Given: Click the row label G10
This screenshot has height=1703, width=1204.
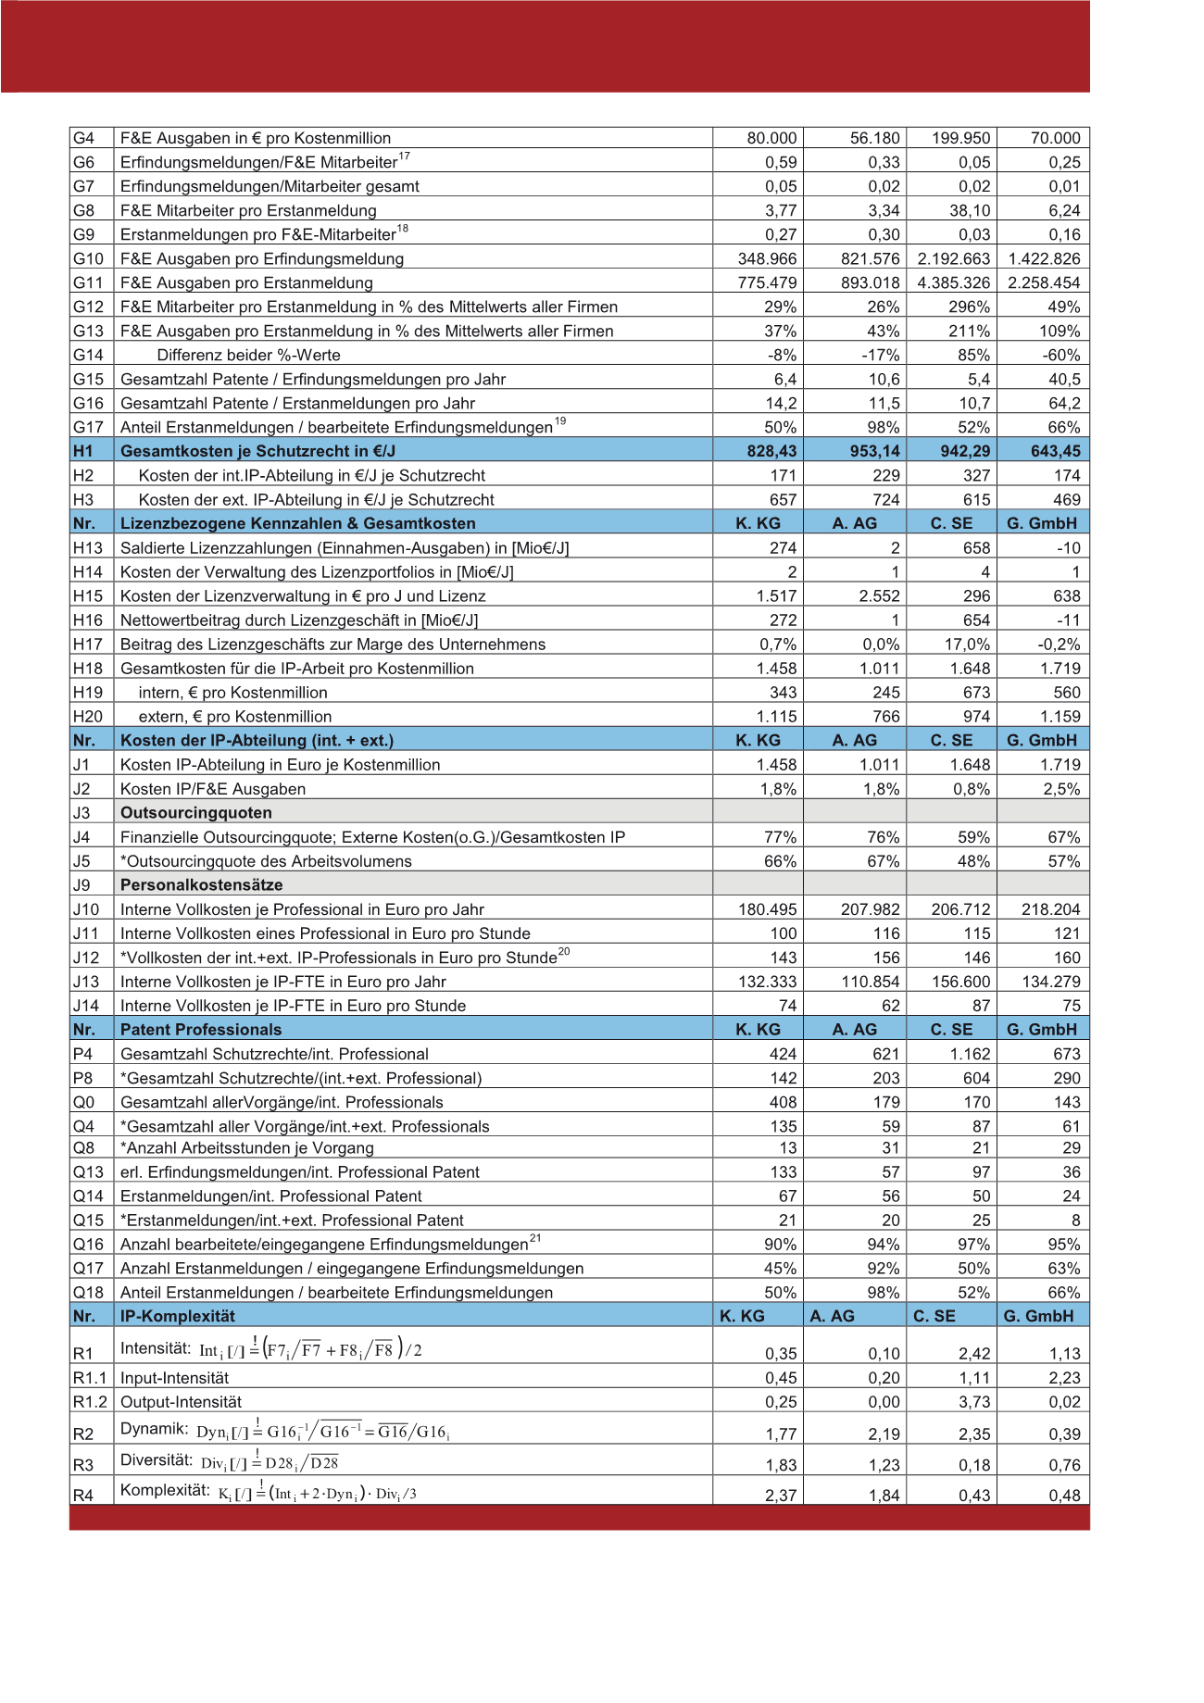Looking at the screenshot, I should point(88,259).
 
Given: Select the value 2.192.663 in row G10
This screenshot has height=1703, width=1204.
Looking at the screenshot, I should point(954,259).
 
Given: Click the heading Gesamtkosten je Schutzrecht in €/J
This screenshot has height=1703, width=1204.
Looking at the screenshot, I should point(257,452).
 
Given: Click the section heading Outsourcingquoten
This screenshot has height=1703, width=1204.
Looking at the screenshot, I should point(196,813).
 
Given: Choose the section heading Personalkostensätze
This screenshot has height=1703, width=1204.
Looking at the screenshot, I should point(201,885).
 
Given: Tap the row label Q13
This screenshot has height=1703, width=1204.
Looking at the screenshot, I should point(89,1172).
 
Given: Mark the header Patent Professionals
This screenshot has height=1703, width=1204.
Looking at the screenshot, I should point(200,1030).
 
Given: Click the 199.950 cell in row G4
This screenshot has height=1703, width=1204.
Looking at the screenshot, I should point(961,139).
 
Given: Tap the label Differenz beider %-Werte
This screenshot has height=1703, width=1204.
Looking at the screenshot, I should point(248,356).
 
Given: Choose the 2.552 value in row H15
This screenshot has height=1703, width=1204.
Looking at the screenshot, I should point(880,596).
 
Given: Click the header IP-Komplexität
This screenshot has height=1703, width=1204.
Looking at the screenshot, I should point(178,1317).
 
